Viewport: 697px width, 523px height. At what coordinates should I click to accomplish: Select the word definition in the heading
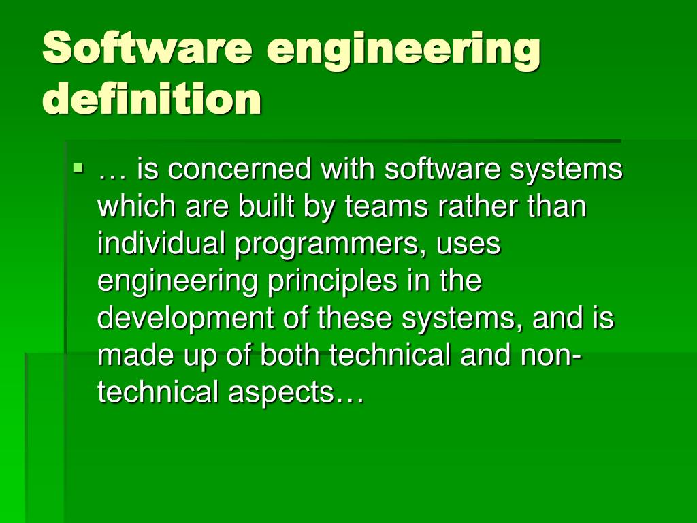(152, 99)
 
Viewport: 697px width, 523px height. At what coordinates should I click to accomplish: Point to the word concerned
(239, 170)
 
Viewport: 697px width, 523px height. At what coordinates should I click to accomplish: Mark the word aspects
(281, 394)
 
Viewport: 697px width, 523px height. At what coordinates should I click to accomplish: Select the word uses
(472, 244)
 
